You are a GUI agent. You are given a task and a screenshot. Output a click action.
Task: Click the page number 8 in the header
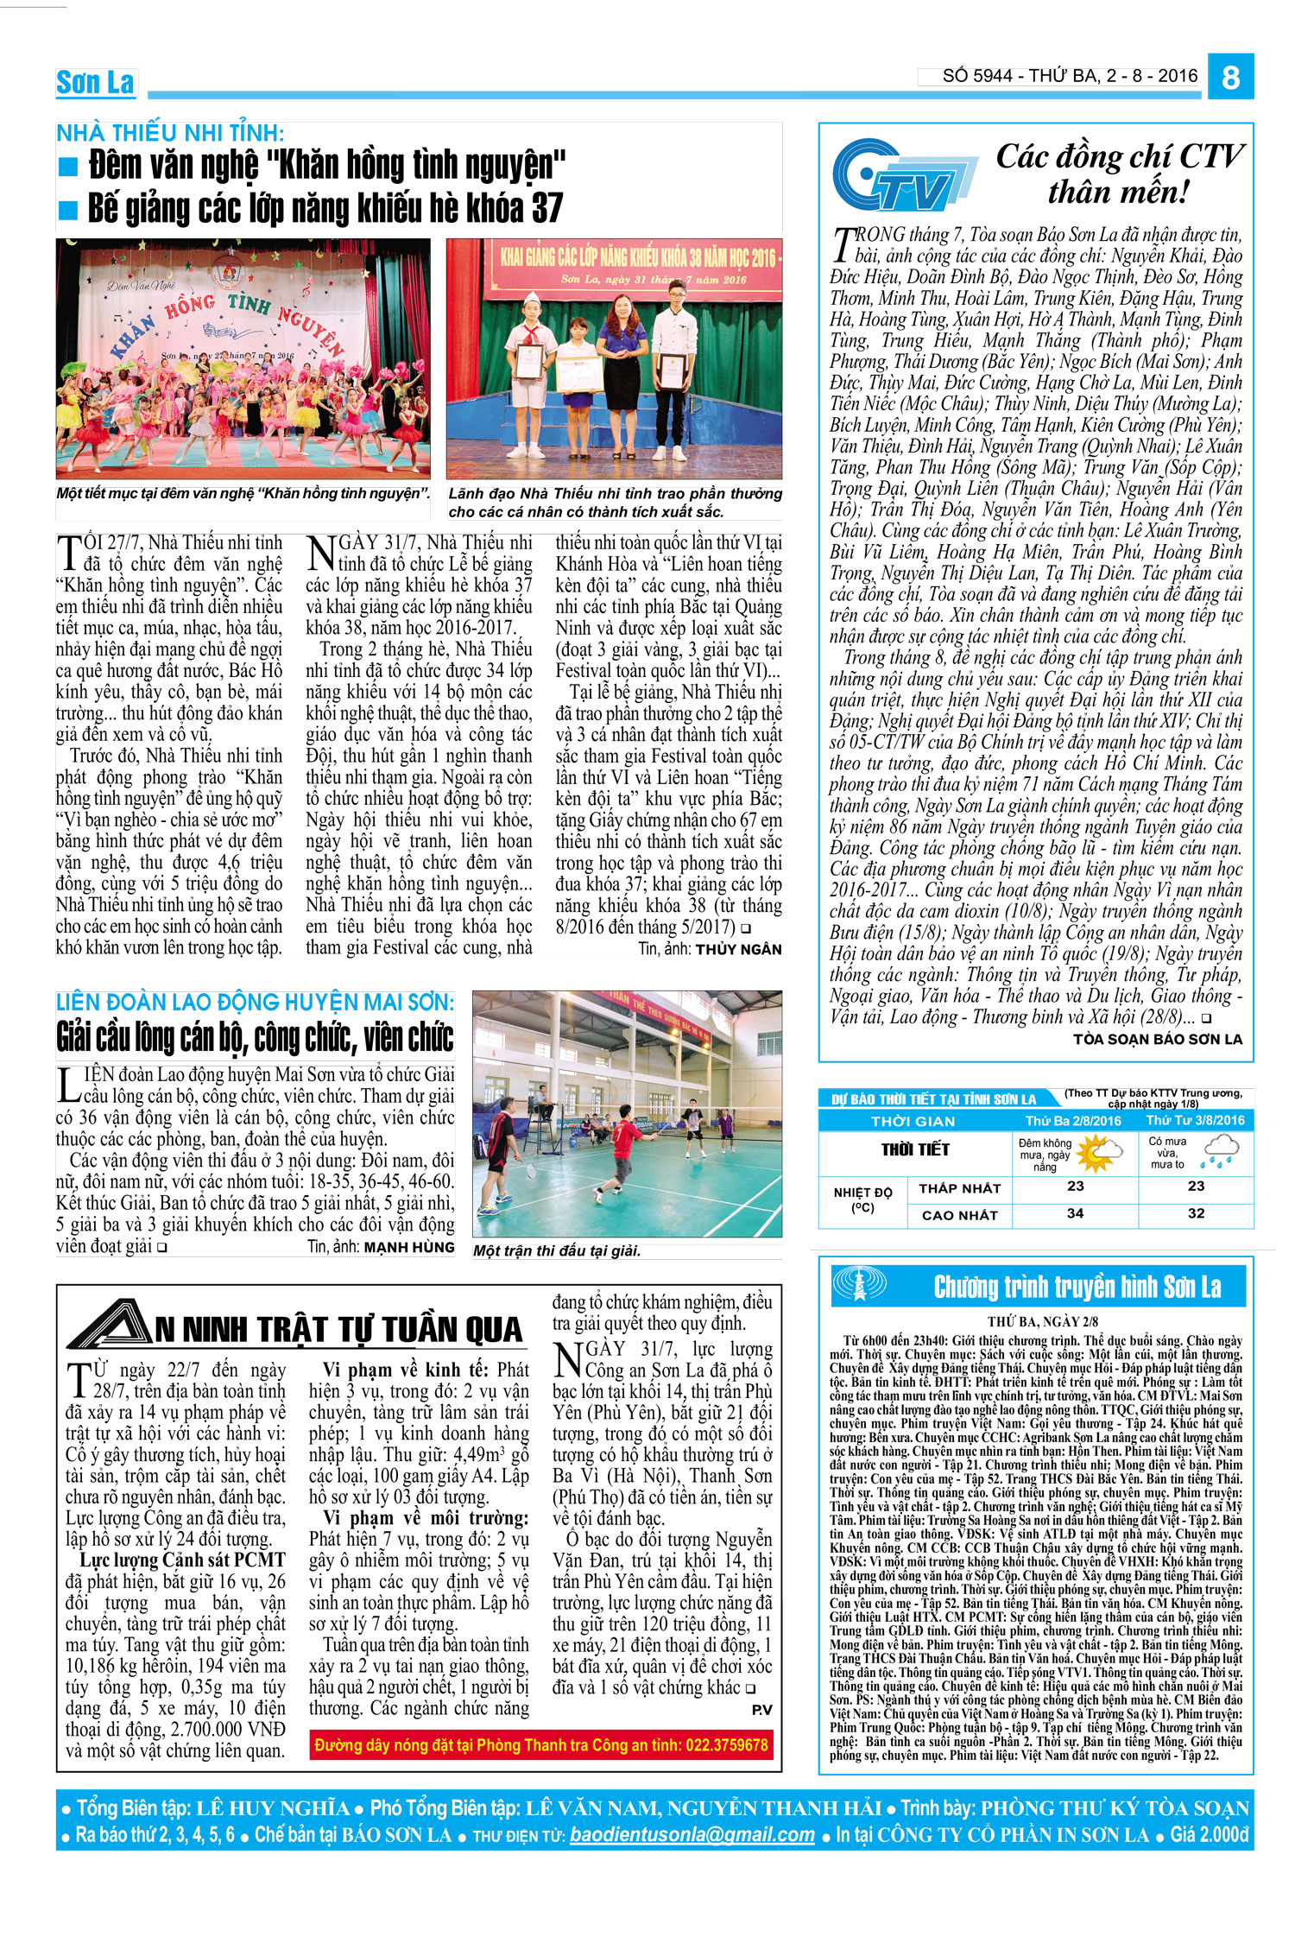1230,78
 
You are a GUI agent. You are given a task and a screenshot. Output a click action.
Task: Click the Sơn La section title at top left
95,83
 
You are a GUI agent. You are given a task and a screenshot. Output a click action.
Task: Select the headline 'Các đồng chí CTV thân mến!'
1119,174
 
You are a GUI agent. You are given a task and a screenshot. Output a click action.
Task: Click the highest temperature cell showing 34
1075,1213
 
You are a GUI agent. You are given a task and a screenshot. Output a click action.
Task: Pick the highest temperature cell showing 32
1196,1213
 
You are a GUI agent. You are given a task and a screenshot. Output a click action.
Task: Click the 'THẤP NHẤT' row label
959,1188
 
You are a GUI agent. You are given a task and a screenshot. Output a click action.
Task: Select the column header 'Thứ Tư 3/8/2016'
1196,1121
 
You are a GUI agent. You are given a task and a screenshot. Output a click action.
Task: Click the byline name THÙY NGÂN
738,949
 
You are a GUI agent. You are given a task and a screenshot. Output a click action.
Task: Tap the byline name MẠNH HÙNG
409,1247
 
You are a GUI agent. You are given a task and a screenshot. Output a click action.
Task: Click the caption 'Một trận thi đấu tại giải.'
557,1250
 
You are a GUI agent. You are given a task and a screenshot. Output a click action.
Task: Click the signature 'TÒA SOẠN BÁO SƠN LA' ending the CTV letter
1157,1039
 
